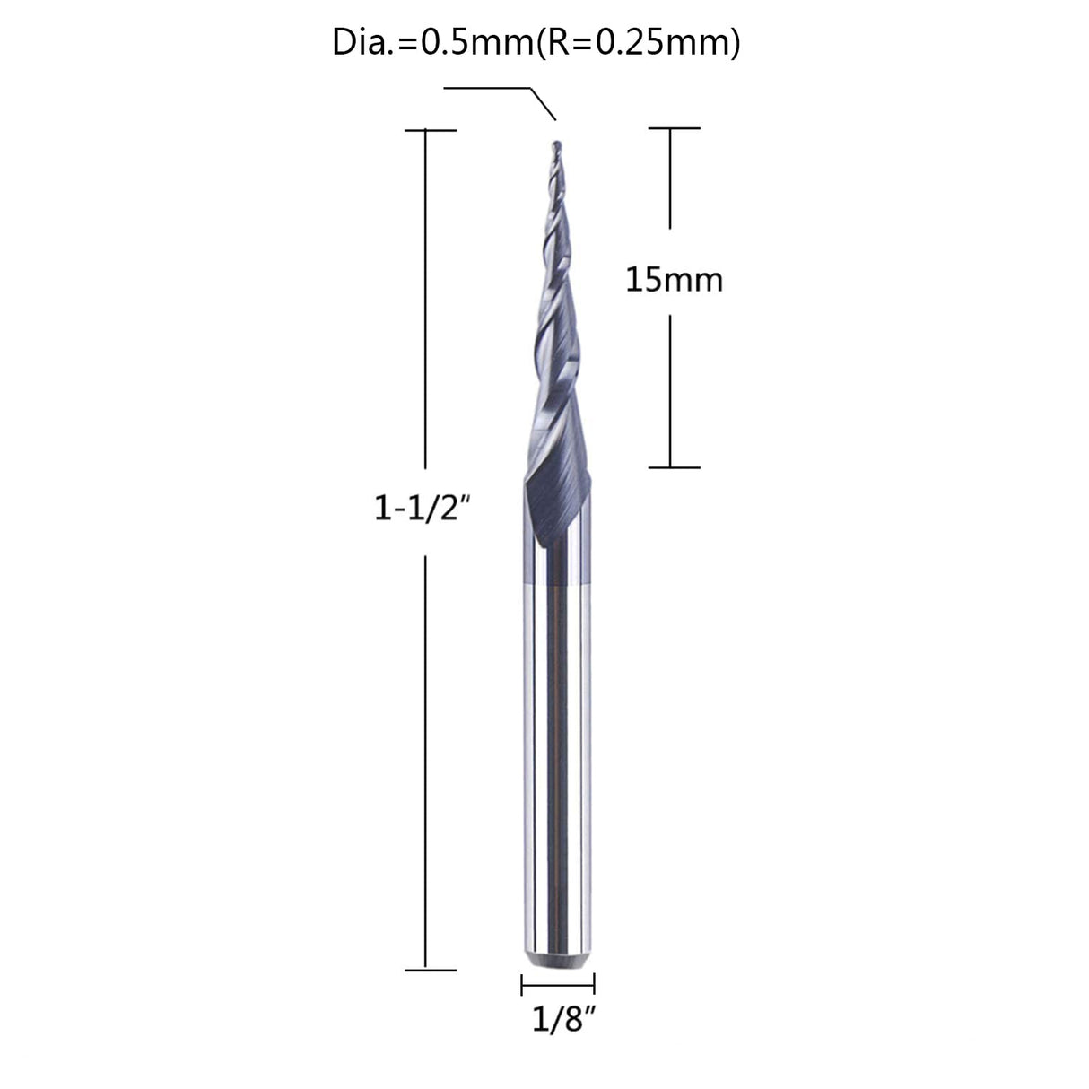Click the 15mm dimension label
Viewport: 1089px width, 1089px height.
pos(674,280)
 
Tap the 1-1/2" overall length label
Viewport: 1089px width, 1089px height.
pos(422,510)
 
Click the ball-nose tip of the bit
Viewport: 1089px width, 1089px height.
pos(554,144)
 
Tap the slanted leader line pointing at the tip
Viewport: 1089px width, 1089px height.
pos(544,102)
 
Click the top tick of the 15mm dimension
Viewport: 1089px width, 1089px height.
pos(673,128)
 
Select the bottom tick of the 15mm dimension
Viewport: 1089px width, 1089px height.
pos(673,467)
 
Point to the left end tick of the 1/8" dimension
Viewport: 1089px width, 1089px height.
pos(521,985)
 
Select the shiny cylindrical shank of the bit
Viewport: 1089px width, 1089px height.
pos(556,762)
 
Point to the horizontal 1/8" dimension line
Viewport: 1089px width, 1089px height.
pos(557,985)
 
